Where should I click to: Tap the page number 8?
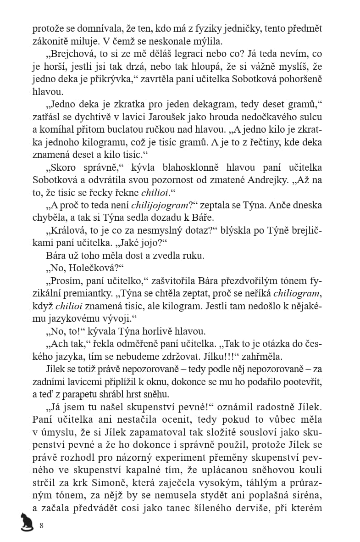[x=41, y=525]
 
